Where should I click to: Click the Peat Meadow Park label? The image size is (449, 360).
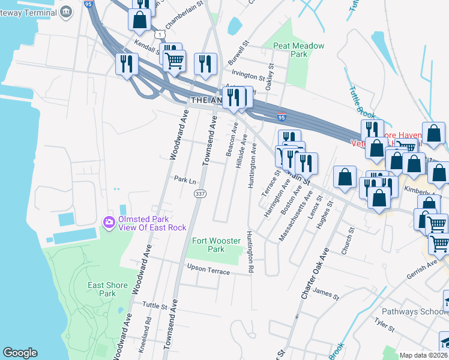(298, 50)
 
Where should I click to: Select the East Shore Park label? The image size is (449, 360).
(107, 289)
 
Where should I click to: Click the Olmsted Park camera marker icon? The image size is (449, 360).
(109, 223)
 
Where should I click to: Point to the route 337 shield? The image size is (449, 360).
(199, 193)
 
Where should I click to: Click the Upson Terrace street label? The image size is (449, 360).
(208, 269)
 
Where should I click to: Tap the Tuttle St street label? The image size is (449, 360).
(155, 305)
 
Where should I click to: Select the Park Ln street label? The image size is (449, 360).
(185, 179)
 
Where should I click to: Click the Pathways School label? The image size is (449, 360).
(412, 312)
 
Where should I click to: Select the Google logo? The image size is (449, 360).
(20, 353)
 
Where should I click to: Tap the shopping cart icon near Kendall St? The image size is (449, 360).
(173, 61)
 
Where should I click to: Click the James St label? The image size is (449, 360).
(327, 295)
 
